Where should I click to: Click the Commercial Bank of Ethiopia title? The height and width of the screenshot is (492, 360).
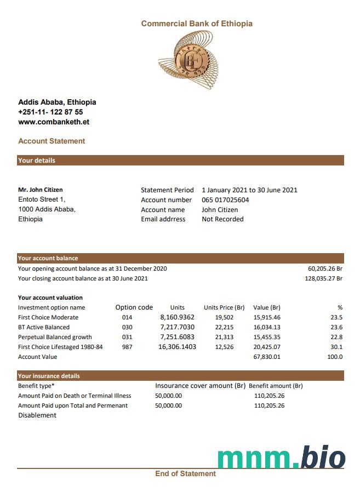197,24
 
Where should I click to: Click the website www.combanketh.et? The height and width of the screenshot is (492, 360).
54,122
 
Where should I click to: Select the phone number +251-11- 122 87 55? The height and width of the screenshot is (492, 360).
50,112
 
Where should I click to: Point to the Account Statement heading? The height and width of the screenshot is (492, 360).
52,141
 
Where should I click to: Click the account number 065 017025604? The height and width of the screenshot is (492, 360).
225,200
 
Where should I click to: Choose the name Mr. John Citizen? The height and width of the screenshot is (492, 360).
41,190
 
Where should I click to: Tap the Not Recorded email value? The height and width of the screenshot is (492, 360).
222,219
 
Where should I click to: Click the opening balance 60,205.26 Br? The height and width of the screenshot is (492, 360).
325,268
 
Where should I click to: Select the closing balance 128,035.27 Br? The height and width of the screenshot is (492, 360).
323,278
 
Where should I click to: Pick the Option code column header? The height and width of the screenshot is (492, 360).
134,307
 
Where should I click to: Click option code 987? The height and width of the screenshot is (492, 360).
127,347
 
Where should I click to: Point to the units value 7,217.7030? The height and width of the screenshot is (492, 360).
177,327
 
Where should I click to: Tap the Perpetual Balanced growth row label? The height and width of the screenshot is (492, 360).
55,337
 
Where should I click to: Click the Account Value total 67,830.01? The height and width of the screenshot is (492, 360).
267,357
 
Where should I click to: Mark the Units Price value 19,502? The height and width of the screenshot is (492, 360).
224,317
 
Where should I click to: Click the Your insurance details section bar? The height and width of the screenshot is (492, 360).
180,376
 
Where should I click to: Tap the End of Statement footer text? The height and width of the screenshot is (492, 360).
185,473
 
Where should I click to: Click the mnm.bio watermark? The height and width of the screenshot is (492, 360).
281,458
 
